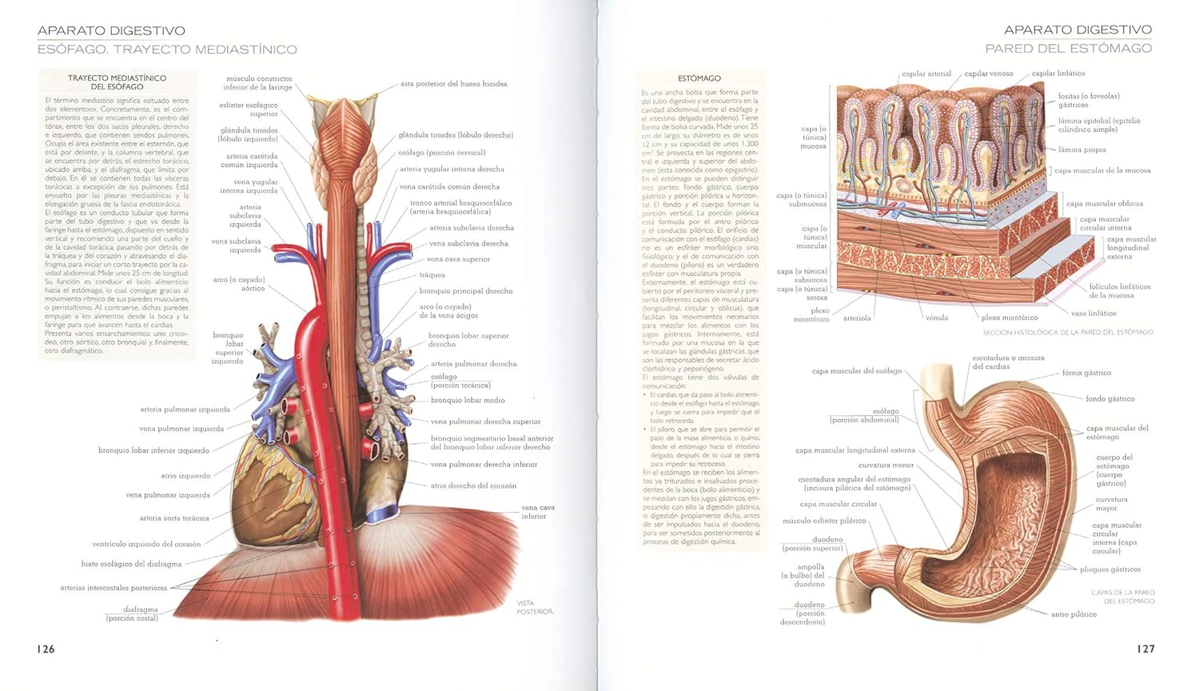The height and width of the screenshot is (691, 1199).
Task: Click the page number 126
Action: click(x=46, y=649)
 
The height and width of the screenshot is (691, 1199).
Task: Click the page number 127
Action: click(x=1145, y=649)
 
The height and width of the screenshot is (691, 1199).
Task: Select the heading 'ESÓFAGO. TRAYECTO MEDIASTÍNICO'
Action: click(x=167, y=50)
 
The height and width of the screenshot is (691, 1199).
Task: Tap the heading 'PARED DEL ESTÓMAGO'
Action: click(x=1068, y=49)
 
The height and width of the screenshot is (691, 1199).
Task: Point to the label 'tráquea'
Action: click(x=432, y=275)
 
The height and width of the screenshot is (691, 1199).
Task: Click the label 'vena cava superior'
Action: click(x=458, y=259)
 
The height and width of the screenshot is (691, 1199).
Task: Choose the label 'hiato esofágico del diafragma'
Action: click(x=131, y=564)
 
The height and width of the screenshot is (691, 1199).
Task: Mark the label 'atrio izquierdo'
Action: click(x=185, y=476)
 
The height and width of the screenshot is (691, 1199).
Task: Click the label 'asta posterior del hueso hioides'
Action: click(x=453, y=84)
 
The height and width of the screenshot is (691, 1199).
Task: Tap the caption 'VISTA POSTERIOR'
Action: click(x=535, y=608)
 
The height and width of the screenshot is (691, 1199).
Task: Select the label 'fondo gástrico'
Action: click(x=1109, y=399)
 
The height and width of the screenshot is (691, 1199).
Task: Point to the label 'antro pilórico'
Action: click(x=1074, y=614)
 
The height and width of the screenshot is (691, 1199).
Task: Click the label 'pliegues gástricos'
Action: click(x=1109, y=569)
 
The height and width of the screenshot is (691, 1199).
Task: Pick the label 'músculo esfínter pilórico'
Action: click(x=824, y=521)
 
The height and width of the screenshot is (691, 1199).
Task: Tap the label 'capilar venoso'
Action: click(x=988, y=74)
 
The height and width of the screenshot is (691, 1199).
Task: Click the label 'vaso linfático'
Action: click(x=1093, y=314)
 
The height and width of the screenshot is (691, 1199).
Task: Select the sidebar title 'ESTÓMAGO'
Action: click(x=699, y=78)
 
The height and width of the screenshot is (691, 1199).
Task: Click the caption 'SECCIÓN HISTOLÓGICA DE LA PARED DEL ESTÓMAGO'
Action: click(x=1068, y=332)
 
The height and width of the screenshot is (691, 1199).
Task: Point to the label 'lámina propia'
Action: click(x=1082, y=150)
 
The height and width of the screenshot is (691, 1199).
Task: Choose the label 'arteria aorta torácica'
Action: click(x=174, y=518)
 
